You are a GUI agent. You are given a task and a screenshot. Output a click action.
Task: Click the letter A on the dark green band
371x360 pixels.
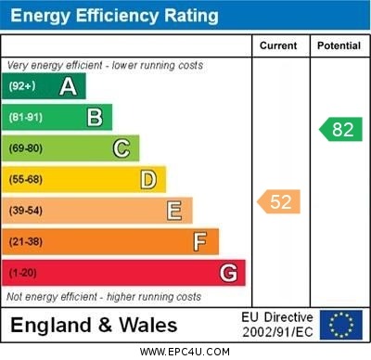click(x=68, y=86)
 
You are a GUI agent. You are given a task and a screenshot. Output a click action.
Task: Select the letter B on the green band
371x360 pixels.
click(x=95, y=117)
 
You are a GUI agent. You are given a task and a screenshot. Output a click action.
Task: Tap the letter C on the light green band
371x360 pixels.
click(x=121, y=148)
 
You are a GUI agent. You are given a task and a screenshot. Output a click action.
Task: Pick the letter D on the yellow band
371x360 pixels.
click(x=147, y=179)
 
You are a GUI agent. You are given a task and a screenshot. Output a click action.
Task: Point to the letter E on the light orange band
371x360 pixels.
click(x=173, y=211)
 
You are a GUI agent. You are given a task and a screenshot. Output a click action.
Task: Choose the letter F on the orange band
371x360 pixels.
click(x=199, y=241)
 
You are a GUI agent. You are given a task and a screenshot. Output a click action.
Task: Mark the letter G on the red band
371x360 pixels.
click(x=227, y=273)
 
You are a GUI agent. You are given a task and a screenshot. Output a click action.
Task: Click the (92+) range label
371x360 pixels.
click(x=23, y=86)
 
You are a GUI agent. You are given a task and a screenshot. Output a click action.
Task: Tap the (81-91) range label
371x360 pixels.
click(x=27, y=118)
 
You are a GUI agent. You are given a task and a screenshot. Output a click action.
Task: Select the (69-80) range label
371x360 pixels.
click(x=27, y=148)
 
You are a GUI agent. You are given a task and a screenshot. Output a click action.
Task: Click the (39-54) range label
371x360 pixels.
click(x=27, y=211)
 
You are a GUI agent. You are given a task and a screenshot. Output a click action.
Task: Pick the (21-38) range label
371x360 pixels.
click(x=27, y=242)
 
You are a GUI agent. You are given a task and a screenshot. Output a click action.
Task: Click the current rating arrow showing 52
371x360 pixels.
click(x=279, y=201)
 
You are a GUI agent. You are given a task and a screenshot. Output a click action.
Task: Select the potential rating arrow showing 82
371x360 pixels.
click(x=340, y=129)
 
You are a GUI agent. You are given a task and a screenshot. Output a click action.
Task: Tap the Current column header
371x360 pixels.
click(x=278, y=45)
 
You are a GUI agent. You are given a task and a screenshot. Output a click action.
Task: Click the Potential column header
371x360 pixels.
click(x=339, y=45)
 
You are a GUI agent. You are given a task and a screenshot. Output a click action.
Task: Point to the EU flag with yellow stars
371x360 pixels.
click(x=340, y=325)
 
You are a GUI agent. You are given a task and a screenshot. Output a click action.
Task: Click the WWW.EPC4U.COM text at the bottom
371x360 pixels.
click(x=185, y=352)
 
